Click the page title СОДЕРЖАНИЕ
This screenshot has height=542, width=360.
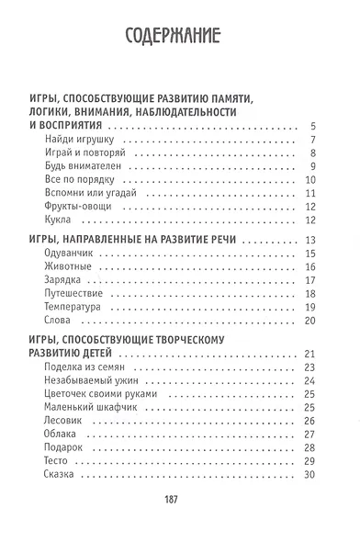pyautogui.click(x=179, y=38)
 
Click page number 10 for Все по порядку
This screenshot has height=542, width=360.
pyautogui.click(x=310, y=180)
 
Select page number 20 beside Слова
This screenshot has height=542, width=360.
pyautogui.click(x=310, y=320)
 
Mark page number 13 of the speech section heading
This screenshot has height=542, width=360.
pyautogui.click(x=310, y=241)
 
